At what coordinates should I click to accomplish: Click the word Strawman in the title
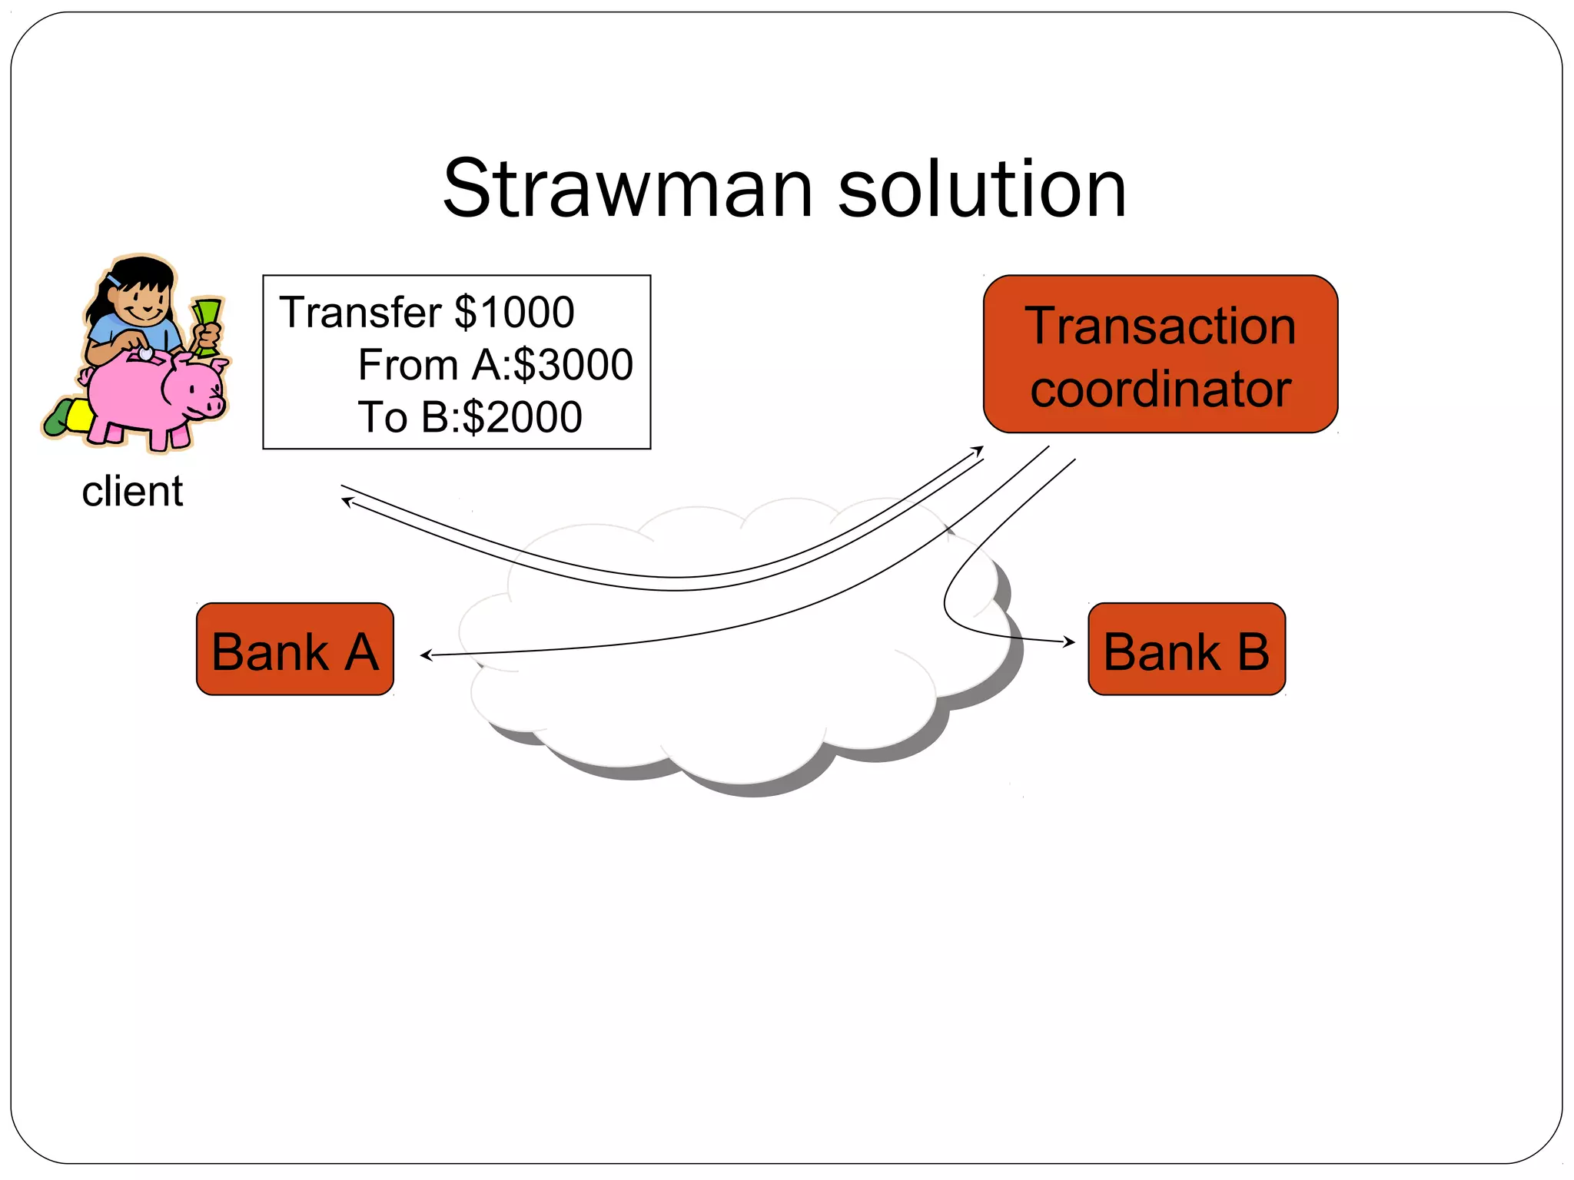click(x=627, y=189)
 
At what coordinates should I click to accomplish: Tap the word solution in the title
click(x=981, y=189)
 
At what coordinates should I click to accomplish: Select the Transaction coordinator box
click(x=1160, y=354)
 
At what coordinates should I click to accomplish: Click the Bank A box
click(x=295, y=650)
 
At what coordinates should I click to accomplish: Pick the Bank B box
click(x=1186, y=650)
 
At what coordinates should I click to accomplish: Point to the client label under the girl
click(x=132, y=492)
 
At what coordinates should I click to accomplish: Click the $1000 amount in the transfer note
click(x=514, y=313)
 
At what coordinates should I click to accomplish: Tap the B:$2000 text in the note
click(x=501, y=417)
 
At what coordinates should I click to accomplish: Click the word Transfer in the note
click(x=360, y=313)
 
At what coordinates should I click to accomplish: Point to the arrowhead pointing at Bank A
click(x=424, y=655)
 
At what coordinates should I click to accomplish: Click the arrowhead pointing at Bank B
click(x=1071, y=641)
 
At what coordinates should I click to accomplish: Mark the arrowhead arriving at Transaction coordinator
click(x=979, y=449)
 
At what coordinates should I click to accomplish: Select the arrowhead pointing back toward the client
click(x=345, y=501)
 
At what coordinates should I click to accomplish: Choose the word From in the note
click(x=408, y=365)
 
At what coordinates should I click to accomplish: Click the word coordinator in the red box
click(x=1160, y=389)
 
